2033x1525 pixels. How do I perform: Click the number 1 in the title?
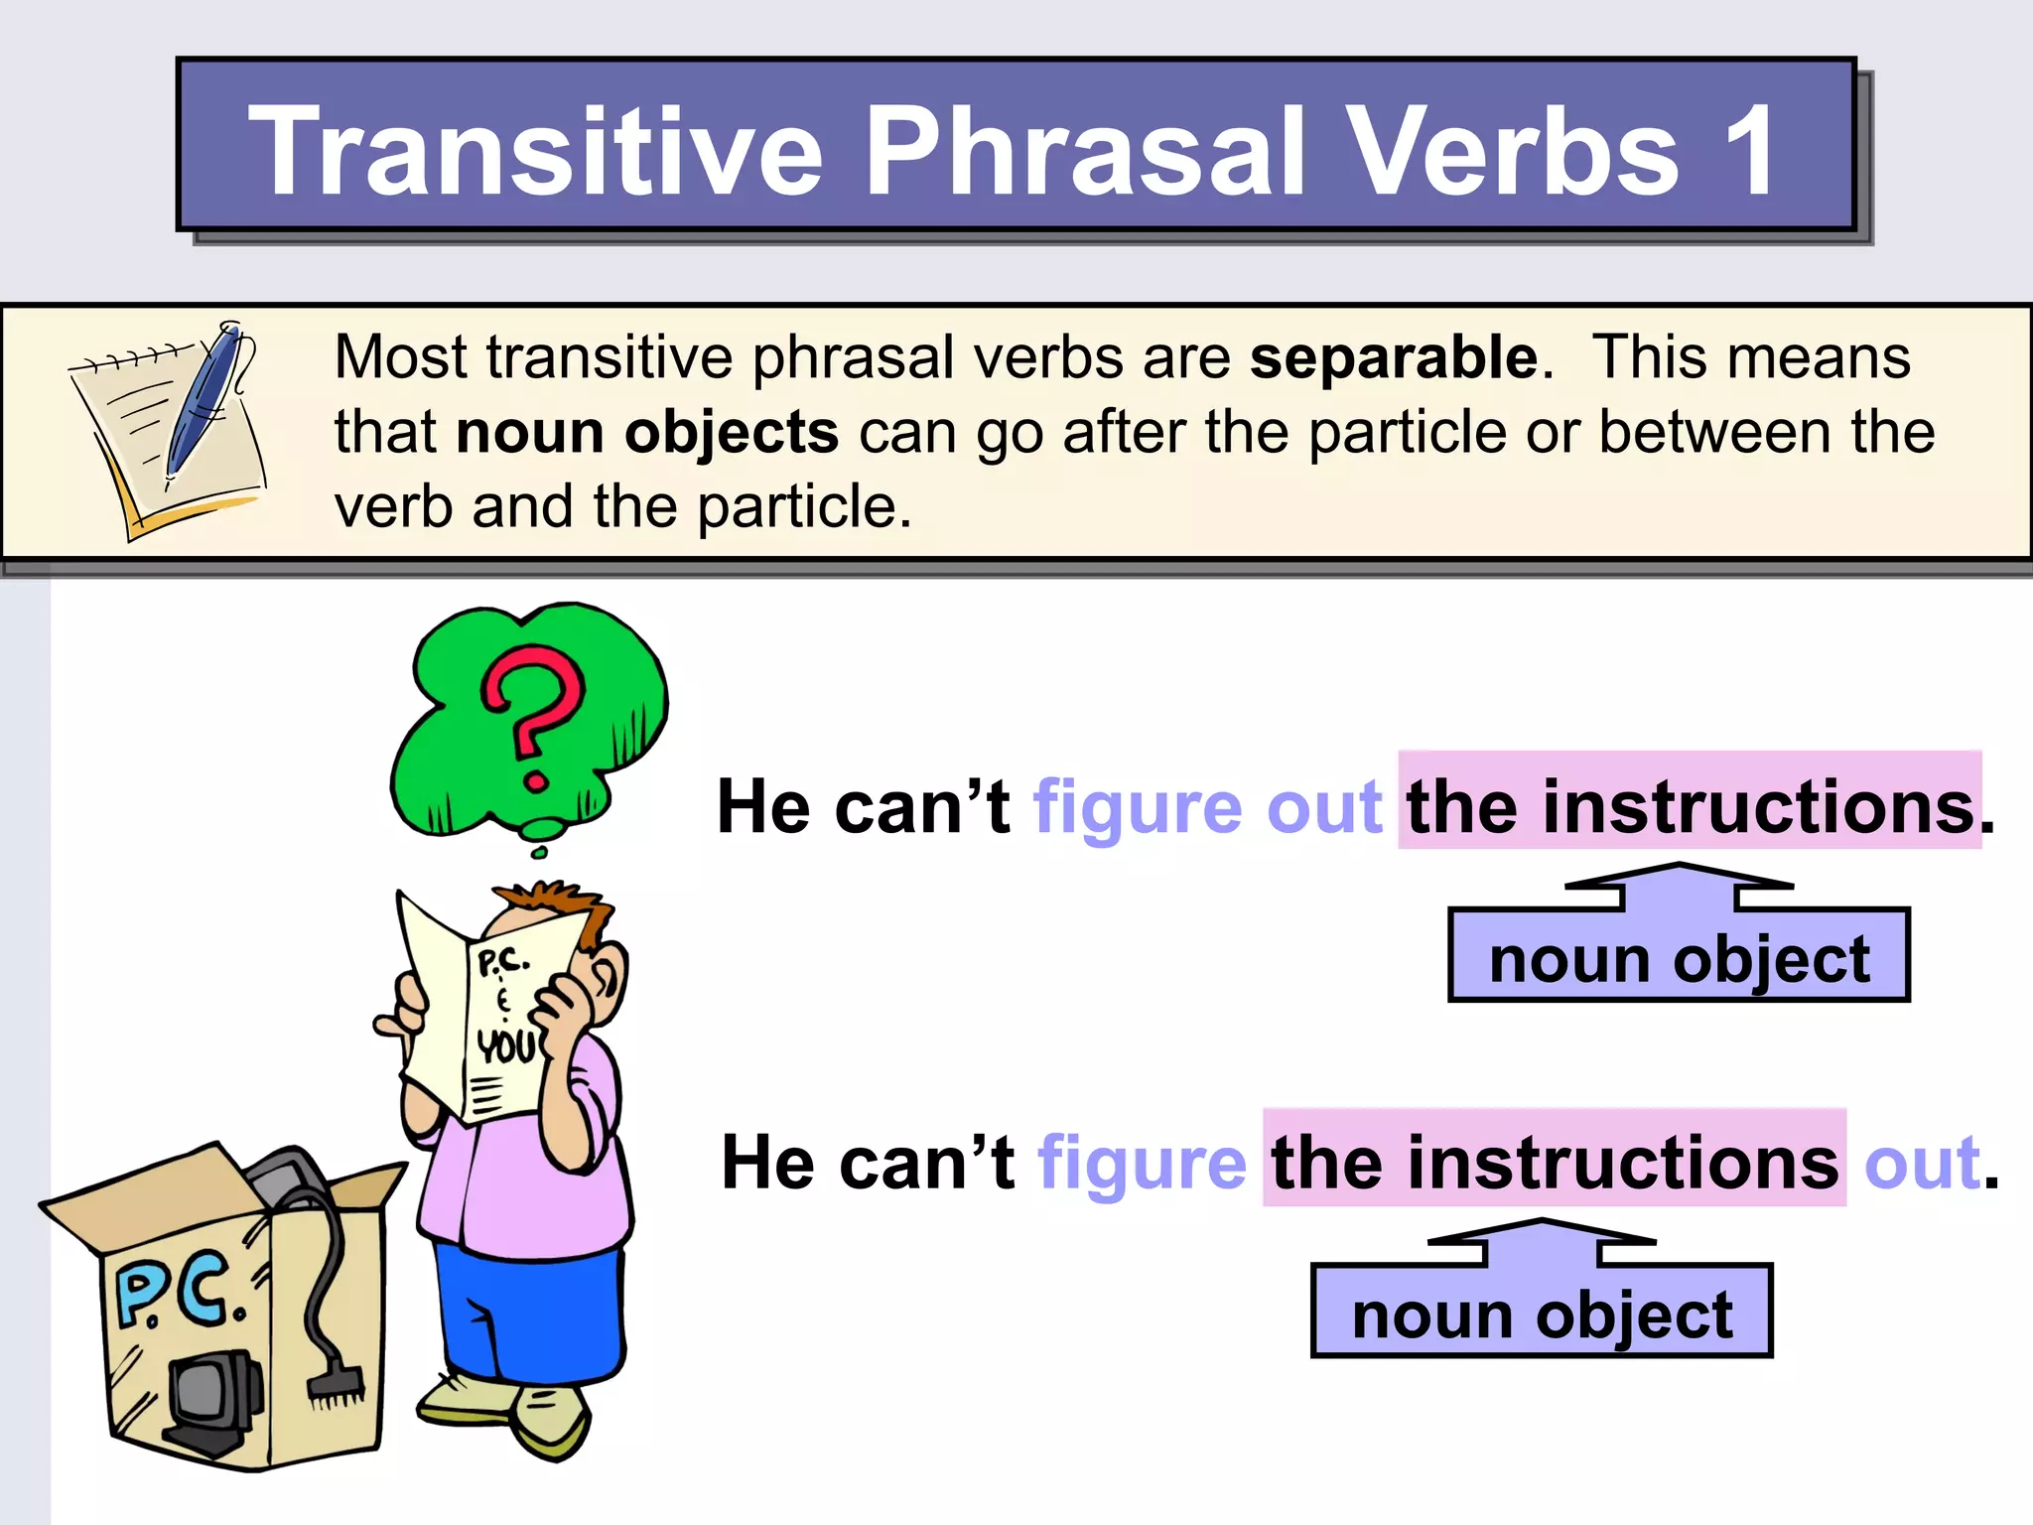pyautogui.click(x=1749, y=151)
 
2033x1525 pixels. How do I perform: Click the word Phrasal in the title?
pyautogui.click(x=1086, y=151)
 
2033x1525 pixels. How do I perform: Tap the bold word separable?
pyautogui.click(x=1393, y=357)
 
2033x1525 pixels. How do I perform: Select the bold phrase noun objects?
pyautogui.click(x=647, y=433)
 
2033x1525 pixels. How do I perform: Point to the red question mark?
pyautogui.click(x=532, y=710)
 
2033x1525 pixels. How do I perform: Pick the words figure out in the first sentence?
pyautogui.click(x=1207, y=806)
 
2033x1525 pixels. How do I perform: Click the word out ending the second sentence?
pyautogui.click(x=1922, y=1163)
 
